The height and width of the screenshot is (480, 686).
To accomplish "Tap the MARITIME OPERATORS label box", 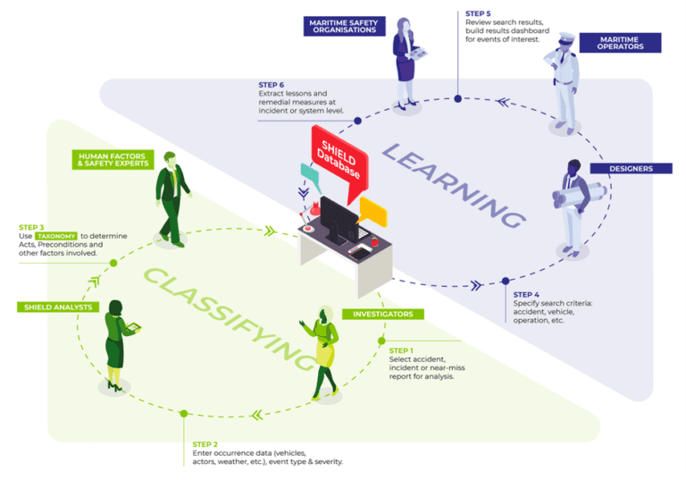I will click(619, 42).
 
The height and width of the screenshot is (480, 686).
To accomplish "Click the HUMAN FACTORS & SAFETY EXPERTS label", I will click(113, 159).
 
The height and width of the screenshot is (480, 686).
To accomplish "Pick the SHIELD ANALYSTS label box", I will click(56, 307).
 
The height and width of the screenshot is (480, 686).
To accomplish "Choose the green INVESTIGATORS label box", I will click(383, 315).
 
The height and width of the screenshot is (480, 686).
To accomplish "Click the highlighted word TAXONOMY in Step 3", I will click(56, 235).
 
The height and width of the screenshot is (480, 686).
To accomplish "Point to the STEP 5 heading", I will click(478, 14).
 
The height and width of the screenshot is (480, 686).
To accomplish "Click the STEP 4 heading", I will click(526, 294).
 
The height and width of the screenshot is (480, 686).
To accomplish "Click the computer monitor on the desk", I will click(339, 220).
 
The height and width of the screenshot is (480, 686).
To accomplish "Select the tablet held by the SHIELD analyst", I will click(131, 328).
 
